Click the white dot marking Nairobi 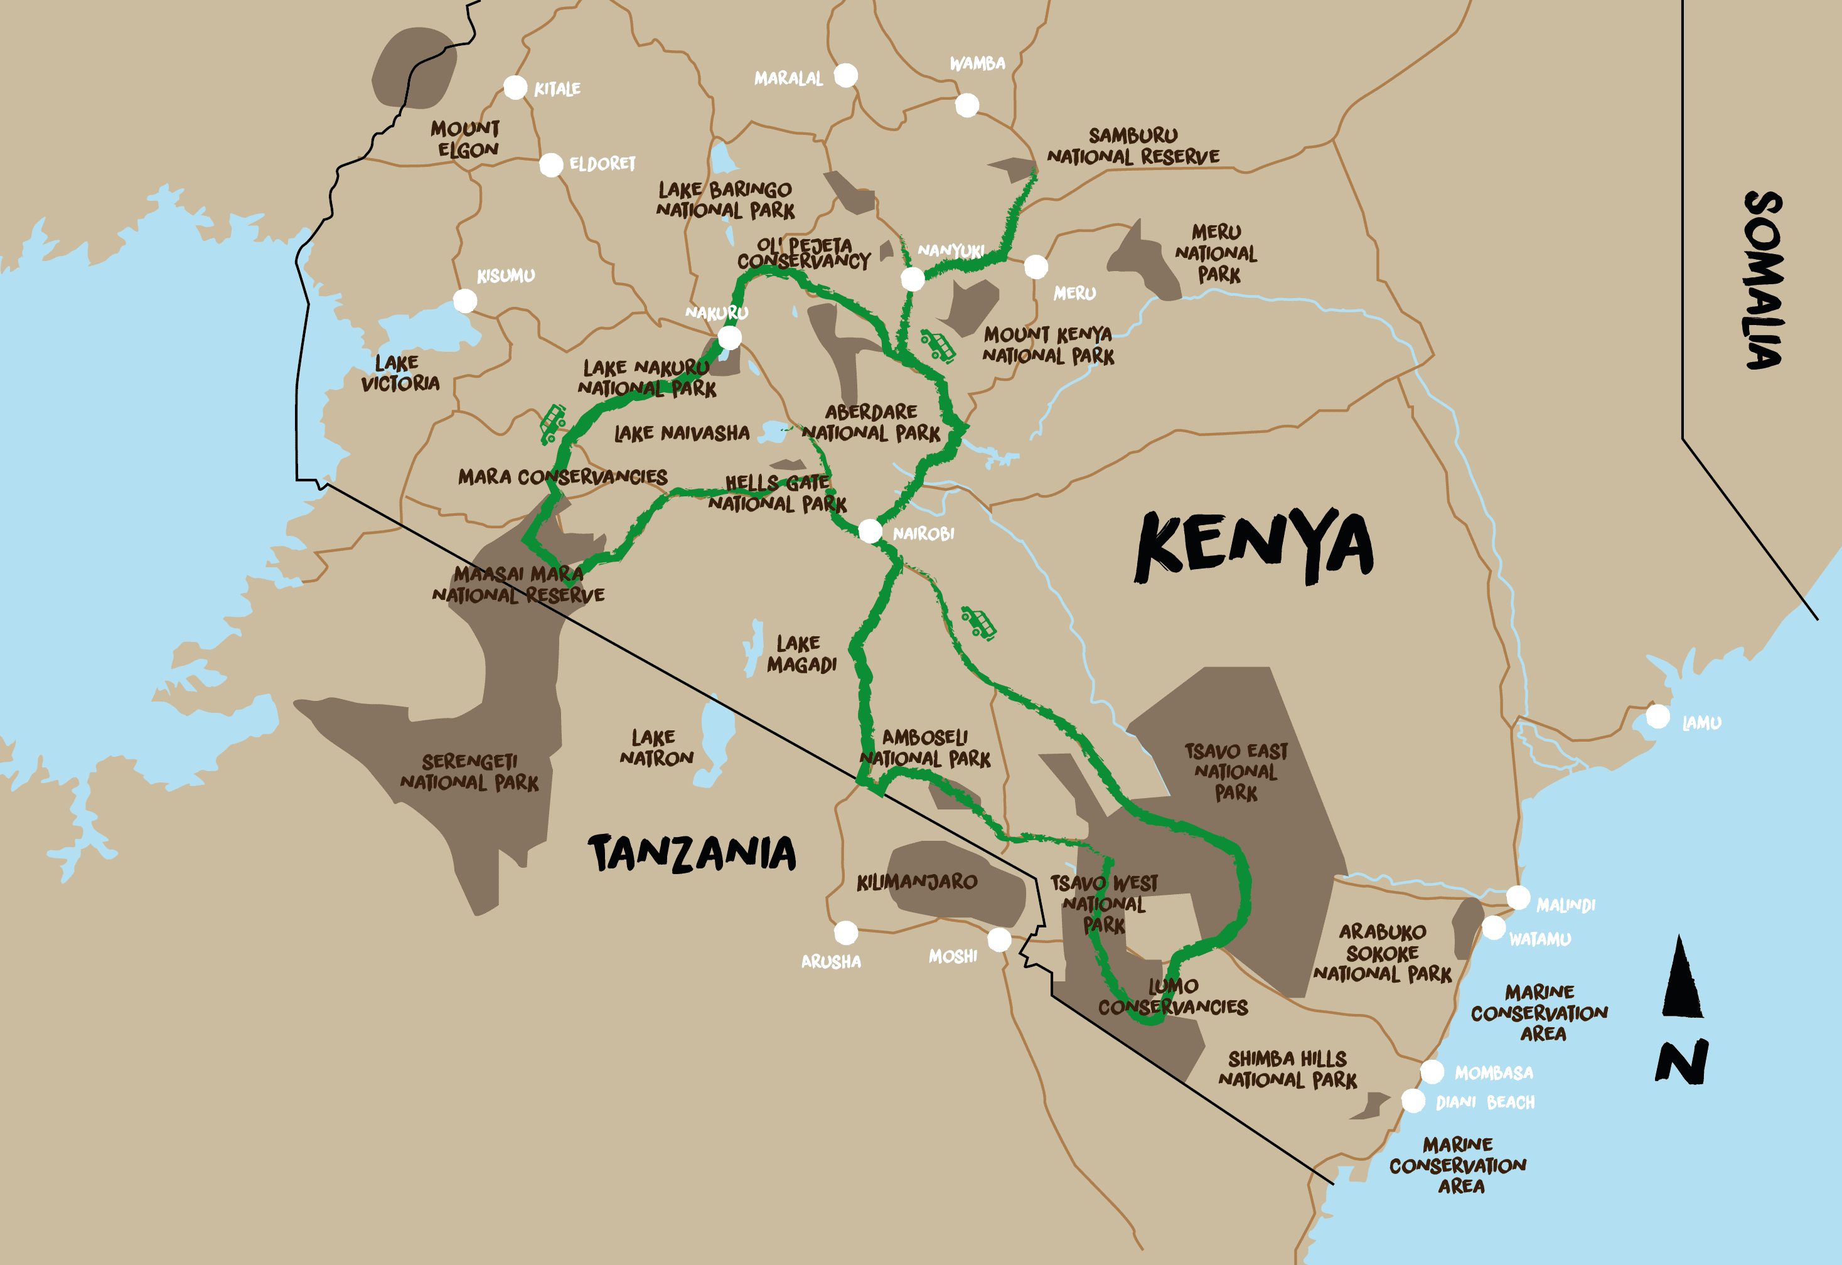869,530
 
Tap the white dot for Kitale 515,87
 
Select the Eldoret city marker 551,165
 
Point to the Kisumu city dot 464,301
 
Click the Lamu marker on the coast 1657,716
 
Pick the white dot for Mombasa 1432,1072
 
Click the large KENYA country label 1254,545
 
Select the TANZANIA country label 691,853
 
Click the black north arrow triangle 1682,979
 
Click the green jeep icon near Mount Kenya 938,346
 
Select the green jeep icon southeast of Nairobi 979,623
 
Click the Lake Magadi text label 801,654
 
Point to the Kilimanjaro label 916,882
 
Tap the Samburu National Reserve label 1133,146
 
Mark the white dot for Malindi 1518,897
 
